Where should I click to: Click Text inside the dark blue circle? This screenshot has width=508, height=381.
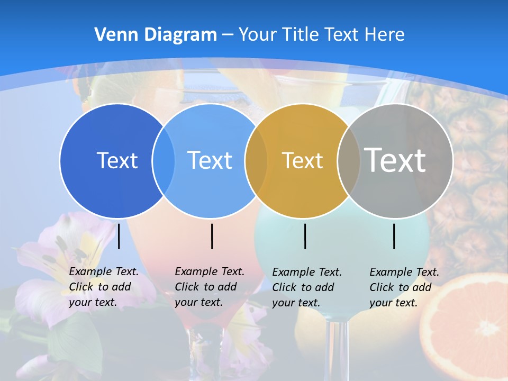pos(117,160)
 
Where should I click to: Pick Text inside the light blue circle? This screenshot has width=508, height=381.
pos(210,160)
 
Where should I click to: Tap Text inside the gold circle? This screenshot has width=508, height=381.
pos(302,160)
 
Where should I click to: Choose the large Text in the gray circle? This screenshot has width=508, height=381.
pos(395,160)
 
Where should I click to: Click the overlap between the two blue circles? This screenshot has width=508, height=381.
pos(164,161)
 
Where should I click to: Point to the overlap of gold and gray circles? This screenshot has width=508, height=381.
pos(349,161)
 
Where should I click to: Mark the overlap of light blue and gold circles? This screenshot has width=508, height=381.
pos(256,161)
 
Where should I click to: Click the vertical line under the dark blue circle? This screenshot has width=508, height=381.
pos(119,236)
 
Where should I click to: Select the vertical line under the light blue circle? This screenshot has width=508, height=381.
pos(212,236)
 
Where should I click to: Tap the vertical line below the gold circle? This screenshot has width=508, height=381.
pos(305,236)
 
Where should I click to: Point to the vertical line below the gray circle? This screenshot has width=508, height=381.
pos(394,236)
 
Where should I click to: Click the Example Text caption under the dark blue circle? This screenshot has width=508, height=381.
pos(103,287)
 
